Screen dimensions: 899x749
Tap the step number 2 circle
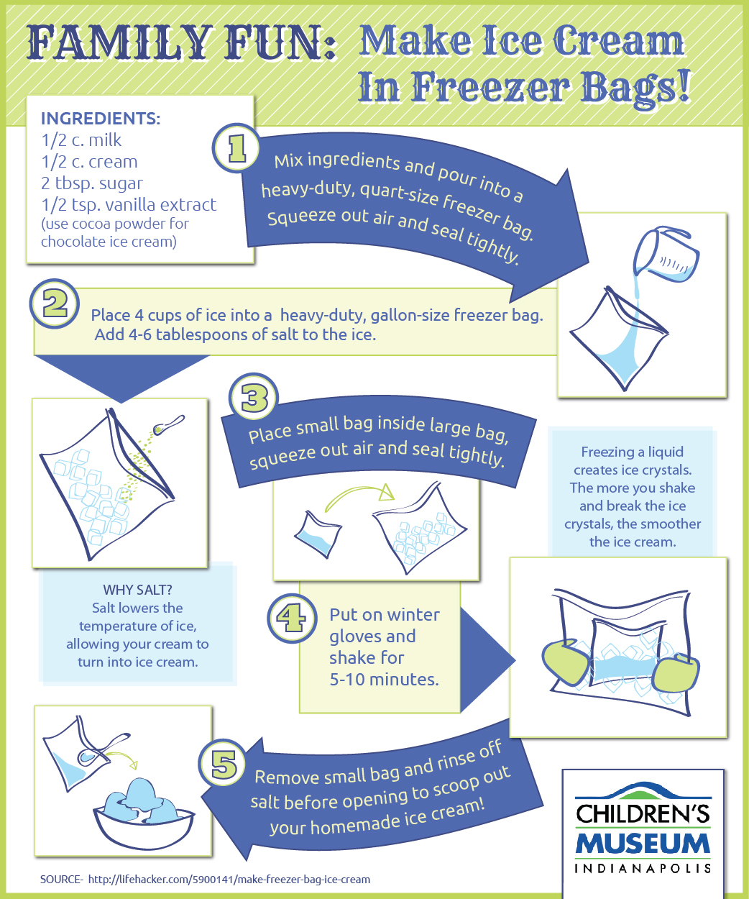(55, 304)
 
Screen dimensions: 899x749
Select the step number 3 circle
(254, 398)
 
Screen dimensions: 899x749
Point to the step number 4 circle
(292, 618)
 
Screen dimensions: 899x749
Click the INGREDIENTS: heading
(101, 119)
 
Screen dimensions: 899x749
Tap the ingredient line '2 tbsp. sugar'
(92, 183)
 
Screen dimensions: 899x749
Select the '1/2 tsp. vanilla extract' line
(129, 205)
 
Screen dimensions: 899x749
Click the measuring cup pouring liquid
(665, 255)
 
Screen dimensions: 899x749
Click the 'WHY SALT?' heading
(137, 590)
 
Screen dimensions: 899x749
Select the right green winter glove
(675, 677)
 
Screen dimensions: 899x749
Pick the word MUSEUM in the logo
(643, 844)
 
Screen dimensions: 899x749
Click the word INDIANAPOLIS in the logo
(643, 868)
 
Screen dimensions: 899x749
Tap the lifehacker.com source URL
(229, 879)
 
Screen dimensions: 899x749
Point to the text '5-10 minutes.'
(384, 679)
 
